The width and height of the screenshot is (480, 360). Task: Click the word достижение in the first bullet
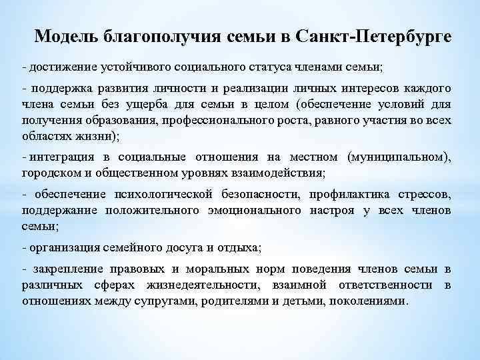point(57,67)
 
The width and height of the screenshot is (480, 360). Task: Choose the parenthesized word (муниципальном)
point(399,157)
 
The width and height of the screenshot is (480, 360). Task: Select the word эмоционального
point(257,210)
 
